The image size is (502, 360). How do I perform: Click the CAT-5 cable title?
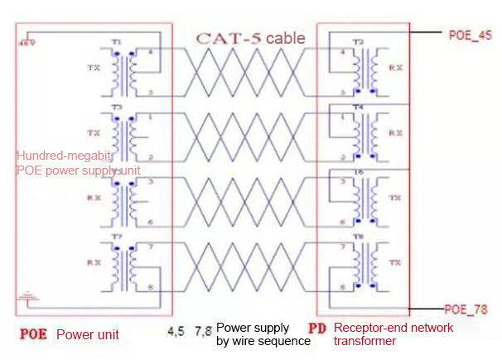click(x=250, y=38)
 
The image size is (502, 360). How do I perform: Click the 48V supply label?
click(x=24, y=43)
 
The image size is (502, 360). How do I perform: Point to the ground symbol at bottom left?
click(x=26, y=293)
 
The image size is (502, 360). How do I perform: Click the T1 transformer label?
click(x=116, y=41)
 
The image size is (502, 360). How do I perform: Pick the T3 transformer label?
click(x=116, y=108)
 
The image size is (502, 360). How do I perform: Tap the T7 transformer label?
click(x=116, y=238)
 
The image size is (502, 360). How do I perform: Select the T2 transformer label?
click(x=358, y=41)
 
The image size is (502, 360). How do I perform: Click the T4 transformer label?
click(x=358, y=108)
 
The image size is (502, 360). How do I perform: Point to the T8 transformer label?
click(x=358, y=238)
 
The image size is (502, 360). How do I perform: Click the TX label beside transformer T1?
click(x=92, y=68)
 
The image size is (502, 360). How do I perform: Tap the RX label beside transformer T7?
click(x=92, y=262)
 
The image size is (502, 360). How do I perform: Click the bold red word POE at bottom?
click(x=33, y=334)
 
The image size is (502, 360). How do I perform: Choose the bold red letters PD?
click(x=317, y=329)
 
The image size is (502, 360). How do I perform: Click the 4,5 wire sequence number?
click(x=176, y=331)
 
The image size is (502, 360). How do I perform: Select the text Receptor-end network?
click(x=393, y=328)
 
